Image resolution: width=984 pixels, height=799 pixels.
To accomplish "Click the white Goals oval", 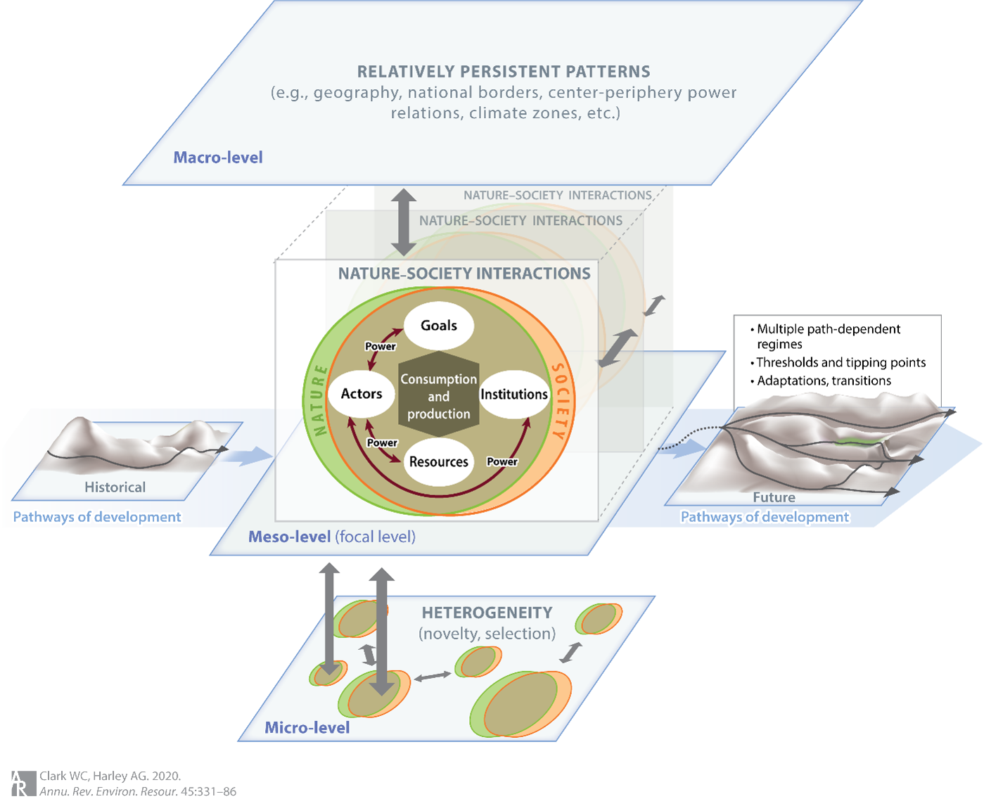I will (x=438, y=326).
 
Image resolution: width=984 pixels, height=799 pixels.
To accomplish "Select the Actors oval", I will (x=362, y=394).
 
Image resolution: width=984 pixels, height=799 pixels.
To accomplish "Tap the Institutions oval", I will (x=514, y=395).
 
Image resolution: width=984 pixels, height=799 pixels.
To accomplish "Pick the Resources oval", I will (x=438, y=461).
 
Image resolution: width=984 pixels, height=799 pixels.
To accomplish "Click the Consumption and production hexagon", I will (x=438, y=397).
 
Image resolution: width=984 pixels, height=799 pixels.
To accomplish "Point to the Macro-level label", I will (x=218, y=158).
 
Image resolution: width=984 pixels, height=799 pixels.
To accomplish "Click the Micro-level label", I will (x=307, y=728).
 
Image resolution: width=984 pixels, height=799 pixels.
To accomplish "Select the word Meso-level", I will (x=289, y=537).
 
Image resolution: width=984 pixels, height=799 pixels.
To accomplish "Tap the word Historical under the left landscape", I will (x=115, y=487).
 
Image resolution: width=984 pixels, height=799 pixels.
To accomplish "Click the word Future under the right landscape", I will (x=774, y=497).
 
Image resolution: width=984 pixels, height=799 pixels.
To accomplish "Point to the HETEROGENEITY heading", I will (x=487, y=613).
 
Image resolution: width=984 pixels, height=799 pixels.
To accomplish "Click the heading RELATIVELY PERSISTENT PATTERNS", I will (x=504, y=72).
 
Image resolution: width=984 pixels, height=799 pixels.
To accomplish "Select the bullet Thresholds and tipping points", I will (x=841, y=363).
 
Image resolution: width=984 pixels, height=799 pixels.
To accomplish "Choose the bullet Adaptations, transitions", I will (x=824, y=381).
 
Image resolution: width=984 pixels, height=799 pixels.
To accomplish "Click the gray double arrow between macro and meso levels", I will (x=403, y=222).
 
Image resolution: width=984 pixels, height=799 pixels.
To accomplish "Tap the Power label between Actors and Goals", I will (x=380, y=346).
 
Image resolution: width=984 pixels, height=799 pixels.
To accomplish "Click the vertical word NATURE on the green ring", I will (x=319, y=400).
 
